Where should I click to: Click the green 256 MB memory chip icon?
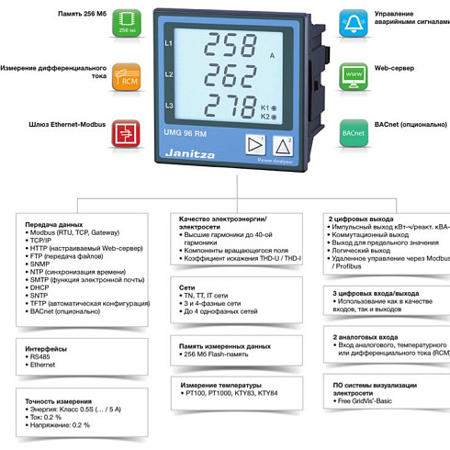pos(126,24)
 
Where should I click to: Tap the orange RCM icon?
pos(126,76)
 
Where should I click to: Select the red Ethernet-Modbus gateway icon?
pos(126,133)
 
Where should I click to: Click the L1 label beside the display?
pos(168,43)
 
